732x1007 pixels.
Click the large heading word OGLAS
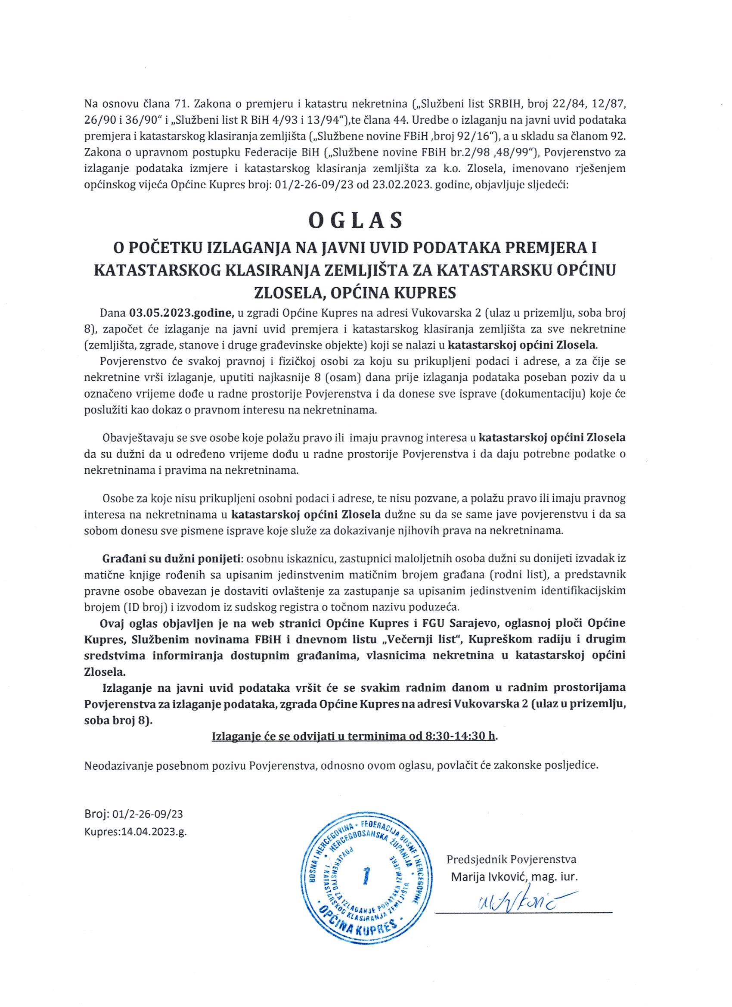(355, 221)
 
